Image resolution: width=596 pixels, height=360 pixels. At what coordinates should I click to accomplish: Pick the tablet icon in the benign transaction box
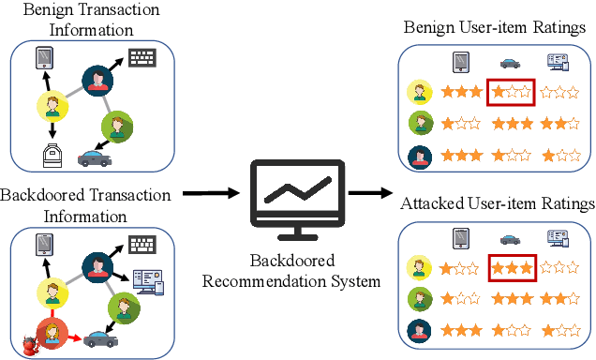point(44,60)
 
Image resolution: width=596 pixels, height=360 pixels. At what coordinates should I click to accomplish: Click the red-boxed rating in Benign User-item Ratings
point(511,93)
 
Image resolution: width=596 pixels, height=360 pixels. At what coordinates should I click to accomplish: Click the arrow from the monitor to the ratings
point(371,194)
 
